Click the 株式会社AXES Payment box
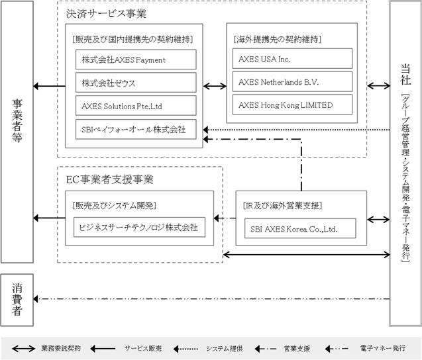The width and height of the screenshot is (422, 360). coord(136,60)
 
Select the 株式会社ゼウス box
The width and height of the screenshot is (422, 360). coord(136,83)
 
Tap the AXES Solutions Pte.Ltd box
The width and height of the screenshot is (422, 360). coord(136,106)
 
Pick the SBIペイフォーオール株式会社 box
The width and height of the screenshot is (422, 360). coord(136,129)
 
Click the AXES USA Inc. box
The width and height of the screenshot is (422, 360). coord(292,59)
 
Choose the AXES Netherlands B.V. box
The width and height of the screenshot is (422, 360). coord(292,81)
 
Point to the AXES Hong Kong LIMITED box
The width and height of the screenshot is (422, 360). coord(292,105)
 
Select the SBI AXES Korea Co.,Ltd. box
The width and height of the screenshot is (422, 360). coord(300,228)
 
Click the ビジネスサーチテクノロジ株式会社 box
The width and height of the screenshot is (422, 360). coord(139,227)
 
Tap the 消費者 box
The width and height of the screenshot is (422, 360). coord(17,300)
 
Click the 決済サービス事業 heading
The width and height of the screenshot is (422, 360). coord(106,13)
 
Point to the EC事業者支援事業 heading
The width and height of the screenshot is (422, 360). coord(110,179)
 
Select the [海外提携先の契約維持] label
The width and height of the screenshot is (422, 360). coord(277,40)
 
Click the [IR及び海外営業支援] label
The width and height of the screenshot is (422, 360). coord(282,206)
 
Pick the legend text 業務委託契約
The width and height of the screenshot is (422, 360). coord(61,348)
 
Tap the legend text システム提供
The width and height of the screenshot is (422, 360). coord(225,349)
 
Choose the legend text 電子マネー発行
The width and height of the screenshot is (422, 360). coord(383,348)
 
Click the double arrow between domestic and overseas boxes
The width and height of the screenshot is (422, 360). coord(215,86)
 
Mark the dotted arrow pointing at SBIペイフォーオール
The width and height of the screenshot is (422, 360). coord(297,130)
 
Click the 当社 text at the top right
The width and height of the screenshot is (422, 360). coord(406,75)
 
